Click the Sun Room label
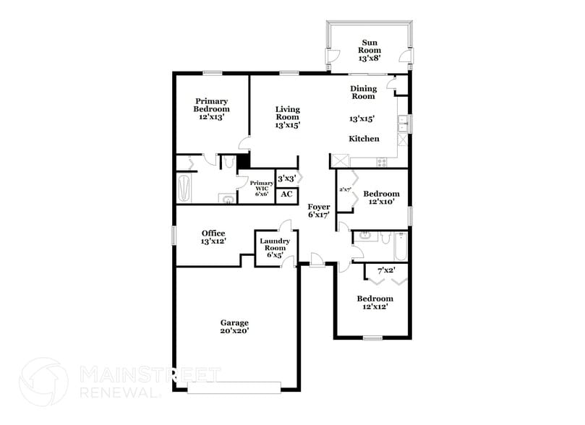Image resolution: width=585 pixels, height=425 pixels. click(x=370, y=50)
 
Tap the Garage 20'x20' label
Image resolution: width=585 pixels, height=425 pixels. click(x=234, y=327)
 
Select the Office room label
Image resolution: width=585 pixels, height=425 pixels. click(x=213, y=237)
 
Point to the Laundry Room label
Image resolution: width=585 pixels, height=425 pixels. click(x=276, y=248)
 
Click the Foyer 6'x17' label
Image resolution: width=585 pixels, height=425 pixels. click(x=319, y=211)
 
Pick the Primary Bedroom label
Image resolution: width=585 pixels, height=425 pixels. click(x=211, y=108)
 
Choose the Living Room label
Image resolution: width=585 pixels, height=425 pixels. click(x=287, y=117)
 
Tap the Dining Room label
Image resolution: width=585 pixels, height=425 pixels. click(x=363, y=92)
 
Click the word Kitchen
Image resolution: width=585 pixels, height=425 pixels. click(x=364, y=139)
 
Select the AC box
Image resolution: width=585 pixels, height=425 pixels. click(x=286, y=194)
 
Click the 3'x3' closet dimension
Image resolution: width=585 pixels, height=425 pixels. click(x=286, y=178)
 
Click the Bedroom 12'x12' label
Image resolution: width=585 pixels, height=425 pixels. click(x=375, y=303)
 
